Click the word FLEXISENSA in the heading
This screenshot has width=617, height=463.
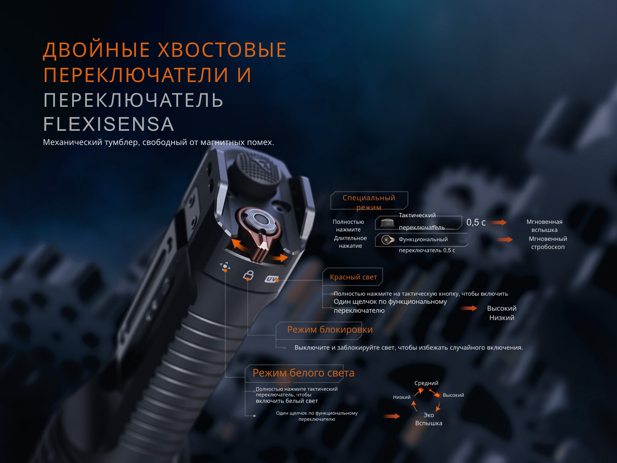coord(109,124)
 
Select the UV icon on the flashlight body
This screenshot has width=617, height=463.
coord(271,279)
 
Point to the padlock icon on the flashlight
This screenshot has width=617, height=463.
coord(248,275)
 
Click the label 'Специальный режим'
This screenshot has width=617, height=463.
coord(369,202)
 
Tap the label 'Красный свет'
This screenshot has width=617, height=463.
coord(353,277)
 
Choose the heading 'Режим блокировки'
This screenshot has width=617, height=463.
coord(330,329)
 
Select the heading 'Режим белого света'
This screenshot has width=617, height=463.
coord(303,373)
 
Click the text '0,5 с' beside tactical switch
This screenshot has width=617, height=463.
coord(476,223)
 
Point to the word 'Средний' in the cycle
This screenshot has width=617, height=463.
coord(426,383)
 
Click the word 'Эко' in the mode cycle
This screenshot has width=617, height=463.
coord(429,415)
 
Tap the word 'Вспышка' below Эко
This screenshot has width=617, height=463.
coord(429,423)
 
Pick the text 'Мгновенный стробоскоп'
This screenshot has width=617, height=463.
coord(548,242)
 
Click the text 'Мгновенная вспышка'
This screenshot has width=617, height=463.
coord(544,226)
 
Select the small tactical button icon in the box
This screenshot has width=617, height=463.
coord(387,223)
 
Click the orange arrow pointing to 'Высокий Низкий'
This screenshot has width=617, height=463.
coord(469,308)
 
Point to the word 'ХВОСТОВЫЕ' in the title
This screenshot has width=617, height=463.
coord(222,50)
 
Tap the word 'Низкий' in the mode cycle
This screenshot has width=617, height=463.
coord(402,397)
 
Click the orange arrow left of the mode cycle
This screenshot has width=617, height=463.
coord(392,416)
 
